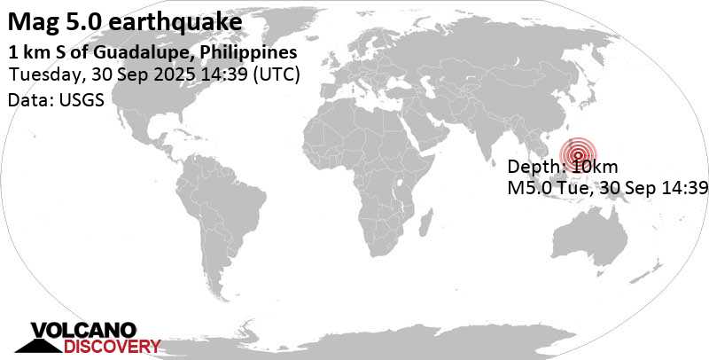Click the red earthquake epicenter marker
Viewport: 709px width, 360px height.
pyautogui.click(x=577, y=153)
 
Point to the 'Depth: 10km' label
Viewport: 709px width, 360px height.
pyautogui.click(x=556, y=167)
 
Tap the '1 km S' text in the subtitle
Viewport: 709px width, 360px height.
pyautogui.click(x=31, y=52)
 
